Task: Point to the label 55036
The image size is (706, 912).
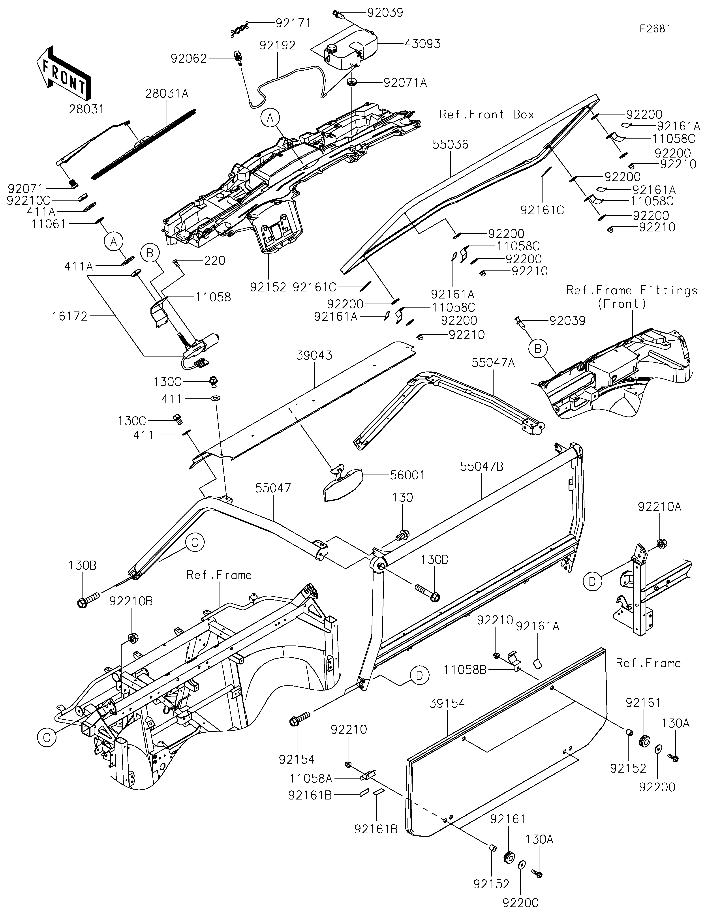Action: point(451,144)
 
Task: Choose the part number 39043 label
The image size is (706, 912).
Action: point(314,355)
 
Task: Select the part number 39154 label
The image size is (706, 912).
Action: point(447,704)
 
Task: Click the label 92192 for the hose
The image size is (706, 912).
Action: point(277,45)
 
